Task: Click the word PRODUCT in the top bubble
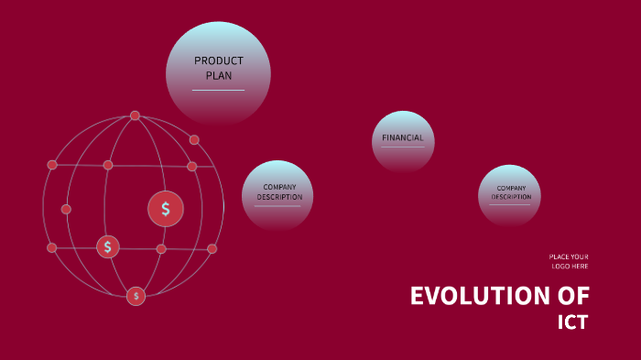219,61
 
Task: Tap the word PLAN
219,76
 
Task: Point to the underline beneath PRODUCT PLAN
218,90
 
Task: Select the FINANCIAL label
403,137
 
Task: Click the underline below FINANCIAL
403,147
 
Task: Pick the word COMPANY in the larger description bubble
279,187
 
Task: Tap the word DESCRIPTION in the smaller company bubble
511,197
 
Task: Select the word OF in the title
572,296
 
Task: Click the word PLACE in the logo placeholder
559,256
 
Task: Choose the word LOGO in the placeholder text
560,266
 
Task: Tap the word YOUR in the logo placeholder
579,256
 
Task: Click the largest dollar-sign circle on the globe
166,209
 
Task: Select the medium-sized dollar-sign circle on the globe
108,246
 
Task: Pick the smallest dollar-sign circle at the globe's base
136,295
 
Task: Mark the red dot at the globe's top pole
135,115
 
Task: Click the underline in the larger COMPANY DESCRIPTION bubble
277,205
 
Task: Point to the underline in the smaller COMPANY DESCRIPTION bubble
510,203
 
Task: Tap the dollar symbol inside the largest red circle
166,209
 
